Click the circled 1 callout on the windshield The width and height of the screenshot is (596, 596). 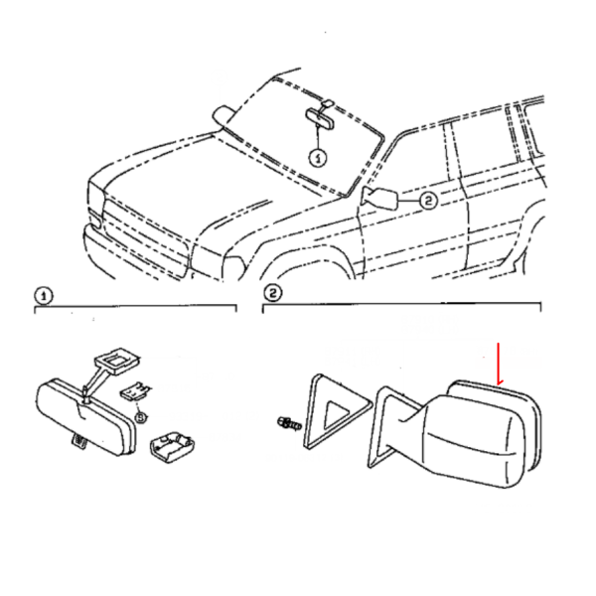point(318,157)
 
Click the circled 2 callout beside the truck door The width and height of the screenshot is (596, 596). point(428,201)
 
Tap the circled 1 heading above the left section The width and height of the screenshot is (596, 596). point(44,296)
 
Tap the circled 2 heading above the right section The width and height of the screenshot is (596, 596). point(272,293)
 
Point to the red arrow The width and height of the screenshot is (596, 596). point(499,364)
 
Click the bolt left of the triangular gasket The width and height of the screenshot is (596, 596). point(290,423)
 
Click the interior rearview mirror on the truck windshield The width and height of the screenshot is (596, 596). point(320,115)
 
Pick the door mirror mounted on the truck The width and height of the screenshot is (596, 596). point(380,198)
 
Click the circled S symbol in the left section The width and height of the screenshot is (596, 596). point(141,418)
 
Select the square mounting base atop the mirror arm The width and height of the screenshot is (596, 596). point(116,359)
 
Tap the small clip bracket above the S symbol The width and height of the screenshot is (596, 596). point(135,392)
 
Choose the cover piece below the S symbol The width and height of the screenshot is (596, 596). point(173,447)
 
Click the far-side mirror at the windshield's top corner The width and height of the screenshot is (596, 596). point(224,115)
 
